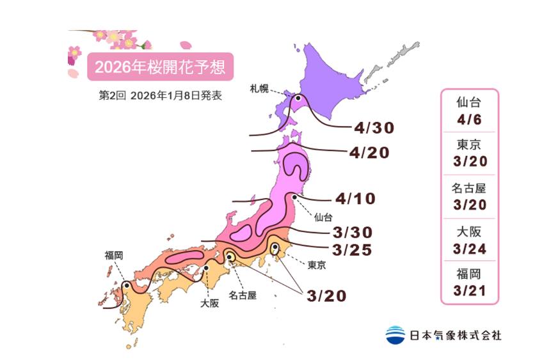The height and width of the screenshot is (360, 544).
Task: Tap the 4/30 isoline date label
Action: (x=374, y=128)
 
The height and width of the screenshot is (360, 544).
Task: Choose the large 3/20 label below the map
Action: (x=326, y=295)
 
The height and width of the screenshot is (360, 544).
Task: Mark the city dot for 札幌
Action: (x=298, y=99)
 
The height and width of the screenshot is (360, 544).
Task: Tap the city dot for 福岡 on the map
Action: (x=127, y=285)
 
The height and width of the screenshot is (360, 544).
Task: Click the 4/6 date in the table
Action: (x=469, y=118)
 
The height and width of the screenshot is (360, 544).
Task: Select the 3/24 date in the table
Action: (x=469, y=249)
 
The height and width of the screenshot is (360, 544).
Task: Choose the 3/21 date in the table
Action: (x=469, y=292)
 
